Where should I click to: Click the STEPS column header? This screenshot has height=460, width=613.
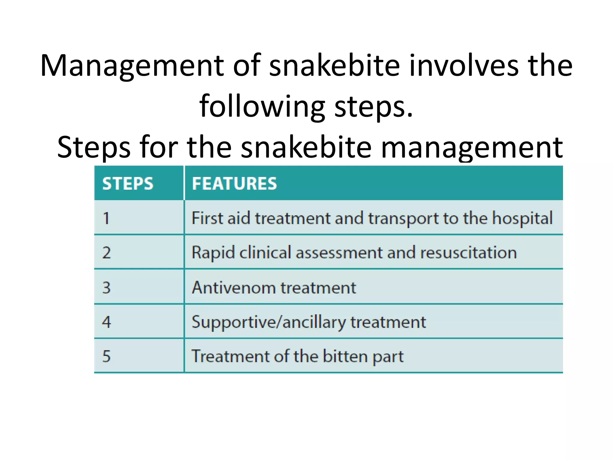(128, 184)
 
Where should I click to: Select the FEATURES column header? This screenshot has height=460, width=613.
(234, 184)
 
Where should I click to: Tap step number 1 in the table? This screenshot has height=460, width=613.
(106, 218)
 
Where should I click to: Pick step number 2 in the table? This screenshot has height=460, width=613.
(107, 253)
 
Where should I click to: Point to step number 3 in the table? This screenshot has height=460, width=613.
(107, 287)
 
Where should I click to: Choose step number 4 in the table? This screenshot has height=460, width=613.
(107, 322)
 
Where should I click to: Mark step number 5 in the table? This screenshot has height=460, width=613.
(107, 356)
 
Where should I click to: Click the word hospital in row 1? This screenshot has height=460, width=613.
(522, 218)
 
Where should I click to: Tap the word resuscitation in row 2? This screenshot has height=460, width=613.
(468, 253)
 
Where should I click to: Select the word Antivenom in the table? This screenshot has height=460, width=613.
(234, 288)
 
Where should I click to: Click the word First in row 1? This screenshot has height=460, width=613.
(207, 218)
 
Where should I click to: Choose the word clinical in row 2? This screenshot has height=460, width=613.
(265, 252)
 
